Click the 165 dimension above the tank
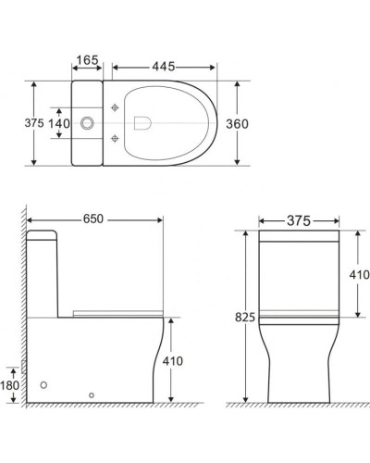tap(87, 60)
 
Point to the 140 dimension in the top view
tap(59, 121)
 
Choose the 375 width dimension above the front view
tap(297, 220)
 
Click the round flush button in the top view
tap(89, 121)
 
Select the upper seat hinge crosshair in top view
tap(115, 107)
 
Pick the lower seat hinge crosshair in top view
tap(115, 138)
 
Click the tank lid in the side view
tap(43, 234)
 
